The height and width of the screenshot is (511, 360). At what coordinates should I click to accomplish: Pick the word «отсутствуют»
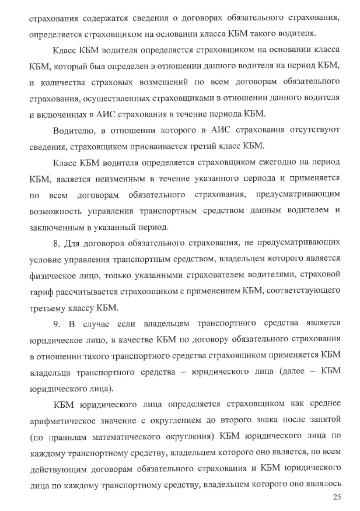pos(313,129)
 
